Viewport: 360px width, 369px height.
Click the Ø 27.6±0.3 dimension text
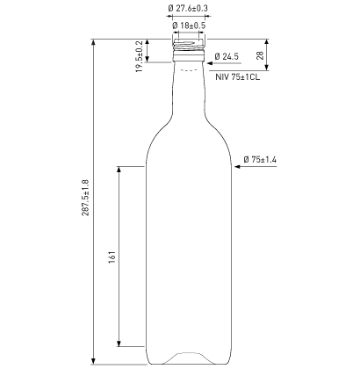coord(188,9)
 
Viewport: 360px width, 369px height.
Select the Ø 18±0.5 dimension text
coord(188,25)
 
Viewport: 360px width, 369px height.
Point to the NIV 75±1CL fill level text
coord(238,77)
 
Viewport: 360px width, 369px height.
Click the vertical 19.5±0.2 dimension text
coord(138,56)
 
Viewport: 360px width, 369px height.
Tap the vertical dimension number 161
coord(112,257)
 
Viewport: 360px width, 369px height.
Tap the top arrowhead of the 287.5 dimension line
coord(95,42)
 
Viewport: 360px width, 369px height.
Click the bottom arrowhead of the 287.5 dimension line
coord(95,361)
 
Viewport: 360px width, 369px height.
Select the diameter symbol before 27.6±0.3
coord(169,9)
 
